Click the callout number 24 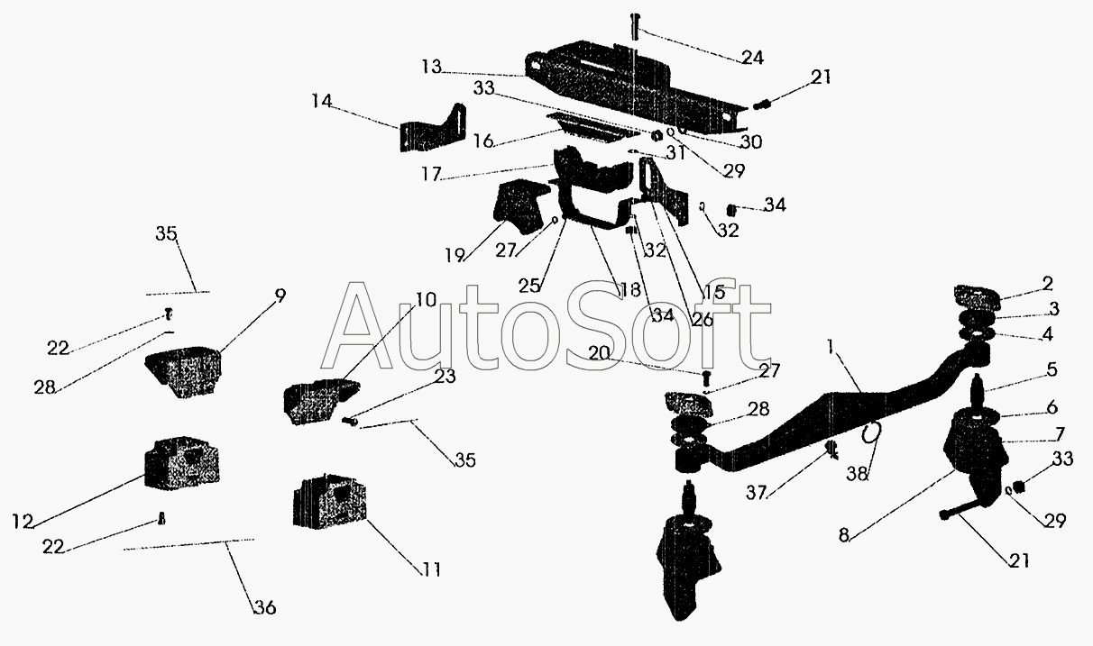[752, 58]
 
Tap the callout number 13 [431, 67]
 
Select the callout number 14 [322, 102]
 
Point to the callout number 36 [265, 607]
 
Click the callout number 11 [431, 569]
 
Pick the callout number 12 [23, 523]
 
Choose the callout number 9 [280, 296]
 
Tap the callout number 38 [858, 473]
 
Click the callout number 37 [757, 493]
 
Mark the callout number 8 [844, 535]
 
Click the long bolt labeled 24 [636, 27]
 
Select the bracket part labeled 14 [432, 128]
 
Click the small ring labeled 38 [871, 432]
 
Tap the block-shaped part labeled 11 [329, 502]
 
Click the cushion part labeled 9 [183, 371]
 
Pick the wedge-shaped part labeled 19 [518, 205]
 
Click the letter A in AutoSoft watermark [356, 325]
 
